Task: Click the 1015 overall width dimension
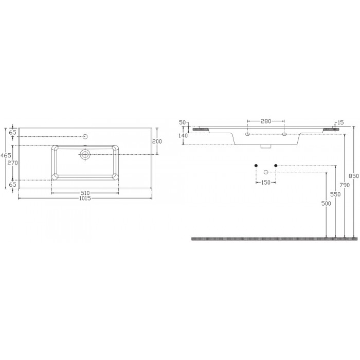[x=85, y=198]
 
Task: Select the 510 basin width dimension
[x=85, y=193]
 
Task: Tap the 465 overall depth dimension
[x=6, y=155]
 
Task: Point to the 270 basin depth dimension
[x=12, y=163]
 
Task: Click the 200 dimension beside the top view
[x=157, y=141]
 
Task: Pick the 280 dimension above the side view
[x=266, y=121]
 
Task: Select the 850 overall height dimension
[x=354, y=176]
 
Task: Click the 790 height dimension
[x=345, y=185]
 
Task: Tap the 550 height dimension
[x=335, y=194]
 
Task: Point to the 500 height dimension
[x=326, y=203]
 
